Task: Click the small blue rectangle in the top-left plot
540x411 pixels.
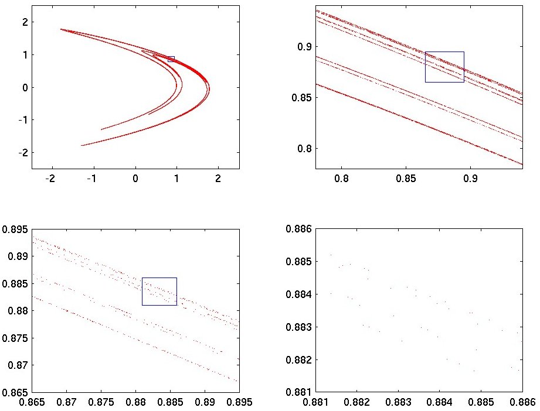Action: pos(171,59)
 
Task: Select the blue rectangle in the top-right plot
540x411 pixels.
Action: pos(444,67)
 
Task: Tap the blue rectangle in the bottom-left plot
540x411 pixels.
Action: pos(159,291)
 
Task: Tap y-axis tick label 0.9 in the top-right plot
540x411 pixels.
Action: pos(305,47)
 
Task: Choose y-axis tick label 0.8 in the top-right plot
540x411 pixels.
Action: pos(305,148)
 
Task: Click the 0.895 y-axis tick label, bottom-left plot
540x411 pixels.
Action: pos(15,229)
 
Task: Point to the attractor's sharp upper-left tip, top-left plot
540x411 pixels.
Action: pos(60,29)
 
